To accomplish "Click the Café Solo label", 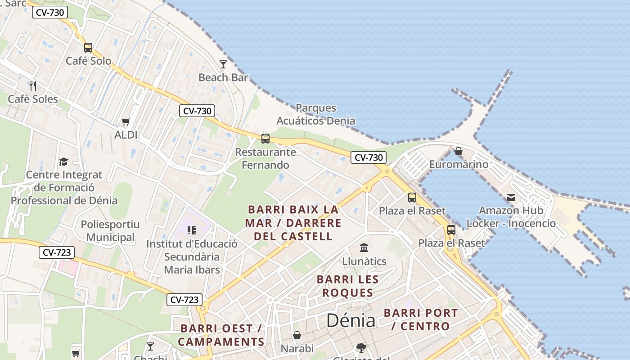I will point(88,61).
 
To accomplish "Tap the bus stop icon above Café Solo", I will point(88,47).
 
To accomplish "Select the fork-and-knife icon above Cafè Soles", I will point(32,85).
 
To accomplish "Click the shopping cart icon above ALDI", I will point(126,121).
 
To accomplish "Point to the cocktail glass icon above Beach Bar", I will point(223,64).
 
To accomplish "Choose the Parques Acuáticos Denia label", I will point(315,114).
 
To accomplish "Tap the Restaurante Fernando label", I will point(265,158).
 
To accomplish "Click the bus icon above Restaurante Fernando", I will point(265,138).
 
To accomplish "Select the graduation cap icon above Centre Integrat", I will point(63,162).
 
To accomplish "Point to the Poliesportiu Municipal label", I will point(110,231).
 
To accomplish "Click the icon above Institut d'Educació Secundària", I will point(192,230).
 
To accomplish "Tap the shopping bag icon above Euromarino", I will point(459,151).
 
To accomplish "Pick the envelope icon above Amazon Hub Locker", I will point(511,198).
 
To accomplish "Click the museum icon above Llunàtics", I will point(364,247).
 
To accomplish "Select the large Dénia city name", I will point(351,320).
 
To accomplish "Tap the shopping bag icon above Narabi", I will point(297,335).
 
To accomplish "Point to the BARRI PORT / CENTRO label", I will point(421,319).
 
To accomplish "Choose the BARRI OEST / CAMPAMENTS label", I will point(221,335).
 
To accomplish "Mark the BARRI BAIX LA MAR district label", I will point(293,223).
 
